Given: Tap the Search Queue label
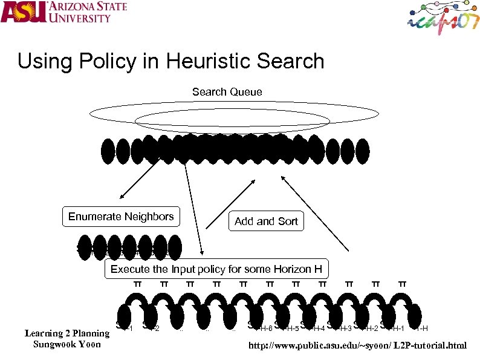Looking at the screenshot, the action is (227, 92).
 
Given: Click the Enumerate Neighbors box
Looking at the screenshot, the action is (121, 217).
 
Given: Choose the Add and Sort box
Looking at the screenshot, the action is (266, 221).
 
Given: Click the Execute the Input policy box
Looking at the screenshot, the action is (216, 269).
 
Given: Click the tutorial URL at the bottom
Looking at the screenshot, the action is (358, 345).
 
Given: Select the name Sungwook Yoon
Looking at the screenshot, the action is (66, 344).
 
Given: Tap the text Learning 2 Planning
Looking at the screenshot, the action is (66, 333).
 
